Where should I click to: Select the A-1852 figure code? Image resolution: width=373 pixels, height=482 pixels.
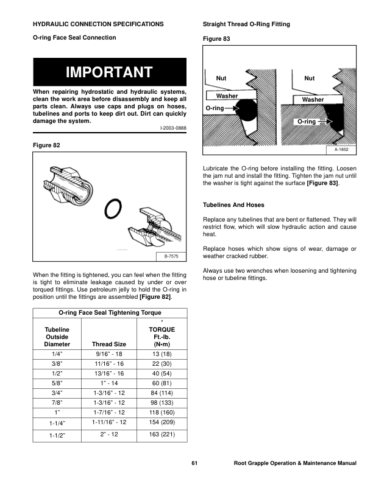[x=341, y=149]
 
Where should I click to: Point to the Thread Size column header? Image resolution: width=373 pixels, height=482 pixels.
[x=107, y=344]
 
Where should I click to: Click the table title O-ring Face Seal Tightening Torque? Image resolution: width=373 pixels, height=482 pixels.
[x=110, y=312]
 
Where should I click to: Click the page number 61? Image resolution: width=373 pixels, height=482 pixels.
[x=194, y=464]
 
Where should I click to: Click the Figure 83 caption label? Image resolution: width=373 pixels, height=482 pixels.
[x=215, y=38]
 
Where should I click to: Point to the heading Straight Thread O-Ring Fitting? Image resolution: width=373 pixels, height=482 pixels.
[x=246, y=24]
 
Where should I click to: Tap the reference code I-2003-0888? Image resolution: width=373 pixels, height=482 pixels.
[x=173, y=129]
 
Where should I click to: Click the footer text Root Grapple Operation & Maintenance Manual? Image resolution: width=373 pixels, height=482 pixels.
[x=295, y=464]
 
